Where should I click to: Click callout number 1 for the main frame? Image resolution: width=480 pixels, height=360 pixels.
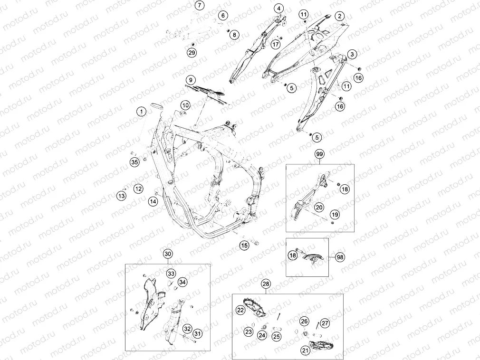coord(142,111)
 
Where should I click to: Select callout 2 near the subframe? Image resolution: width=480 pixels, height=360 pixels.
coord(339,16)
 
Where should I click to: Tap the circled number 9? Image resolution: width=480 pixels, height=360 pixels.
coord(191,80)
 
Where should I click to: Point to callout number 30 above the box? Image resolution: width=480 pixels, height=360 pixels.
coord(168,254)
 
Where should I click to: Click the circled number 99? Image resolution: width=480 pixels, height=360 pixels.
coord(319,154)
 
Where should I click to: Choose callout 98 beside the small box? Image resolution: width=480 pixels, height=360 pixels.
coord(340,257)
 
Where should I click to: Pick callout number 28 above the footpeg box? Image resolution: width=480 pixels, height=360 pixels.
coord(266,284)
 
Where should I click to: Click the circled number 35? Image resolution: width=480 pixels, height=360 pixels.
coord(134,162)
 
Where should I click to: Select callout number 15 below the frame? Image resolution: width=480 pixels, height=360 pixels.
coord(244,245)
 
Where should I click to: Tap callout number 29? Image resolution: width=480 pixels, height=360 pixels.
coord(192,53)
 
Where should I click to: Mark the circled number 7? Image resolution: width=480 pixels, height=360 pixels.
coord(199,6)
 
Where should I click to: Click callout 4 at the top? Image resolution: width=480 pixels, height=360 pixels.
coord(278,9)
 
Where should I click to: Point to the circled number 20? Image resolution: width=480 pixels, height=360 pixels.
coord(319,208)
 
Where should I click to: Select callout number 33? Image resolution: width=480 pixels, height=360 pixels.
coord(171,274)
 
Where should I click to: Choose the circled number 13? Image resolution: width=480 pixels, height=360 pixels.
coord(122,196)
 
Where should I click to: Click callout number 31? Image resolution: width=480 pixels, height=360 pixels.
coord(198,333)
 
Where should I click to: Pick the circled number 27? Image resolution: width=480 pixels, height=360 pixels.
coord(325,323)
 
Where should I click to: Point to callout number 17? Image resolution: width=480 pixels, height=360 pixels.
coord(276,44)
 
